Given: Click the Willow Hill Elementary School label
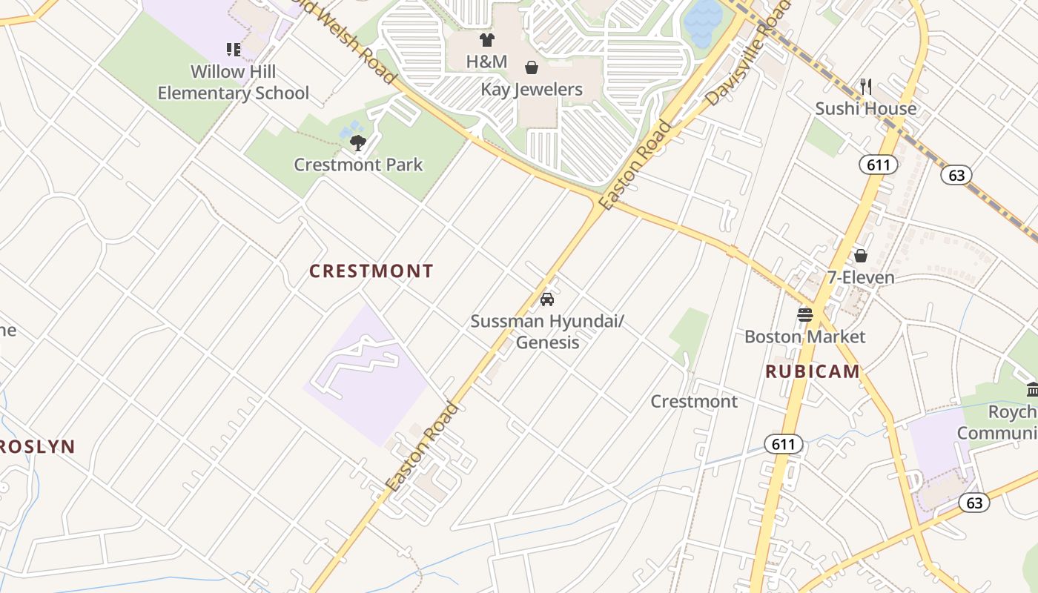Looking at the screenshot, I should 234,82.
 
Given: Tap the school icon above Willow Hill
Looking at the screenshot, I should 234,50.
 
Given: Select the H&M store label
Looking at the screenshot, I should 486,62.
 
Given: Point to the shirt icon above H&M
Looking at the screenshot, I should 486,40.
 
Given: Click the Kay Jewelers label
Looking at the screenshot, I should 532,90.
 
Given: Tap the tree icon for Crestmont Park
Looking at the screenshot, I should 358,142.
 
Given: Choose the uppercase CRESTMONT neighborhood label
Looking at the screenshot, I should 371,271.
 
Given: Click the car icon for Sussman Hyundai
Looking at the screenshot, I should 547,299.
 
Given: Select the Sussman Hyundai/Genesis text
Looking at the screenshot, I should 547,331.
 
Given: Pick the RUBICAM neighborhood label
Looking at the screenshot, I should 813,371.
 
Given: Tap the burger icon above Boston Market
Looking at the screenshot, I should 805,315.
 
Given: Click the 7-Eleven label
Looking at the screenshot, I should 861,277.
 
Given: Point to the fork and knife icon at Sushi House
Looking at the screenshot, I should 866,87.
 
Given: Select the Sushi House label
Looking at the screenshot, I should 866,109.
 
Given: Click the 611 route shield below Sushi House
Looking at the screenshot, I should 878,165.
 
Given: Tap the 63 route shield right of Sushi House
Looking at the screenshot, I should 956,175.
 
